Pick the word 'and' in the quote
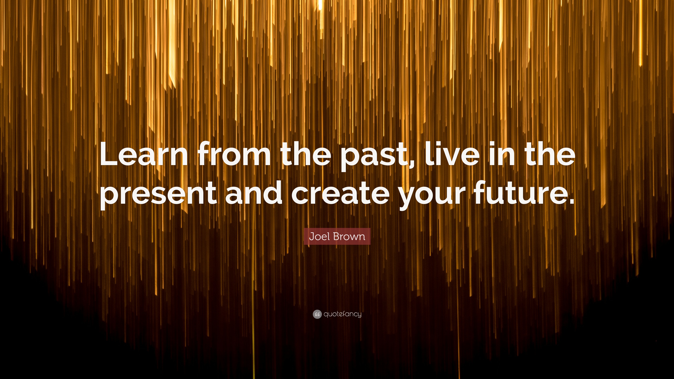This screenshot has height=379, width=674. pos(254,192)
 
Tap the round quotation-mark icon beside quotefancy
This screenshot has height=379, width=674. pos(317,314)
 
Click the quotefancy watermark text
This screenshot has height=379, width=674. pos(342,314)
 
